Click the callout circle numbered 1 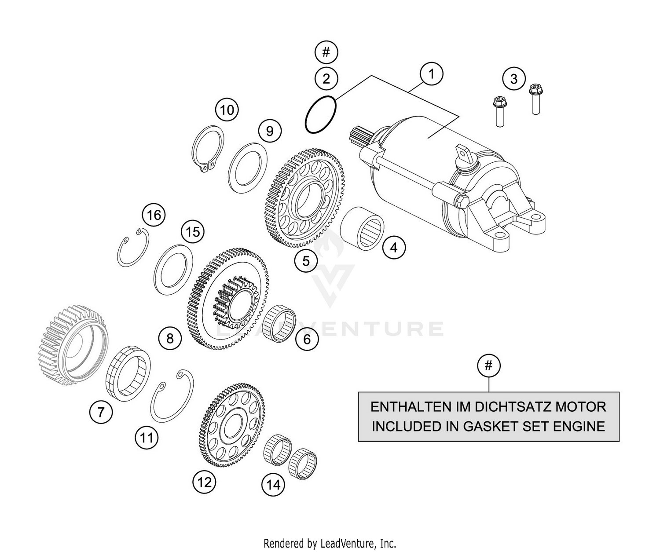point(431,74)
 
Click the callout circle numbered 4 point(394,248)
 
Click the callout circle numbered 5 point(306,261)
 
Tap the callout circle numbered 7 point(101,412)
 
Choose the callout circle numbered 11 point(147,438)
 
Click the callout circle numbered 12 point(205,483)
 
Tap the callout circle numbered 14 point(273,485)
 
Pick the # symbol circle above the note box point(488,366)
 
